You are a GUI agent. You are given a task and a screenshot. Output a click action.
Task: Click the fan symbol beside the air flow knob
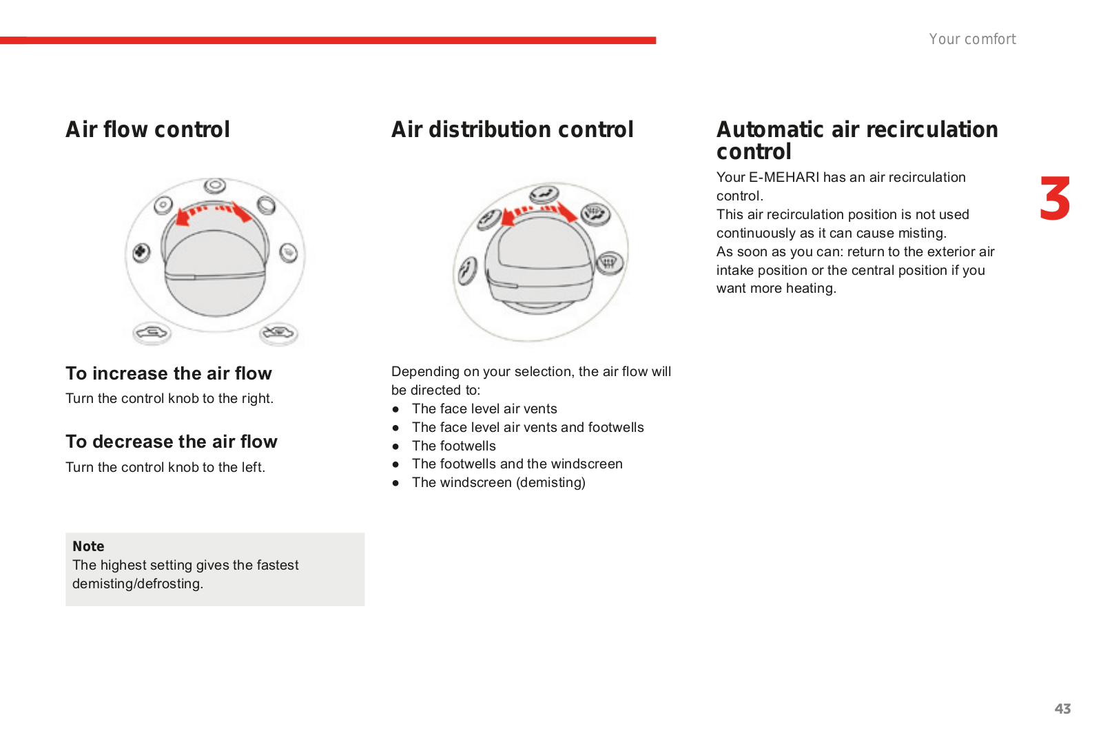[x=141, y=253]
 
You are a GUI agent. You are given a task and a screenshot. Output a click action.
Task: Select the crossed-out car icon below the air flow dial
[x=278, y=334]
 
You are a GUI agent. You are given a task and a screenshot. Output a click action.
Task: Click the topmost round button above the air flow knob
[x=215, y=185]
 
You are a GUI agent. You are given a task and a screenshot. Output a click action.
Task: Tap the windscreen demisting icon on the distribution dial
[x=610, y=262]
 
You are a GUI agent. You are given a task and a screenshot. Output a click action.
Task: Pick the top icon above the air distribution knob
[x=544, y=194]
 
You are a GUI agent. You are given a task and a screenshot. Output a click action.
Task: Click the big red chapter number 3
[x=1055, y=198]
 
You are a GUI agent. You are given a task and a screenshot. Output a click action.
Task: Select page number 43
[x=1062, y=708]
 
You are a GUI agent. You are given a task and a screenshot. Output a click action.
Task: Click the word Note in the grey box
[x=88, y=546]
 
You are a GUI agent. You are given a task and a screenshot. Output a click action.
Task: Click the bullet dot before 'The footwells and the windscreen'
[x=395, y=464]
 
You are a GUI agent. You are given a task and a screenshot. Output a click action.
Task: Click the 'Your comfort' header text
[x=973, y=39]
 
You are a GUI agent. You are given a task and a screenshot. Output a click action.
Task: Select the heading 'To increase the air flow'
[x=168, y=373]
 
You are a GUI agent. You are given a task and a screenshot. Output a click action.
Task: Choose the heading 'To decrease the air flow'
[x=172, y=442]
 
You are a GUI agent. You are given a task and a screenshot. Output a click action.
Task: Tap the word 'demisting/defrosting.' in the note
[x=138, y=584]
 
